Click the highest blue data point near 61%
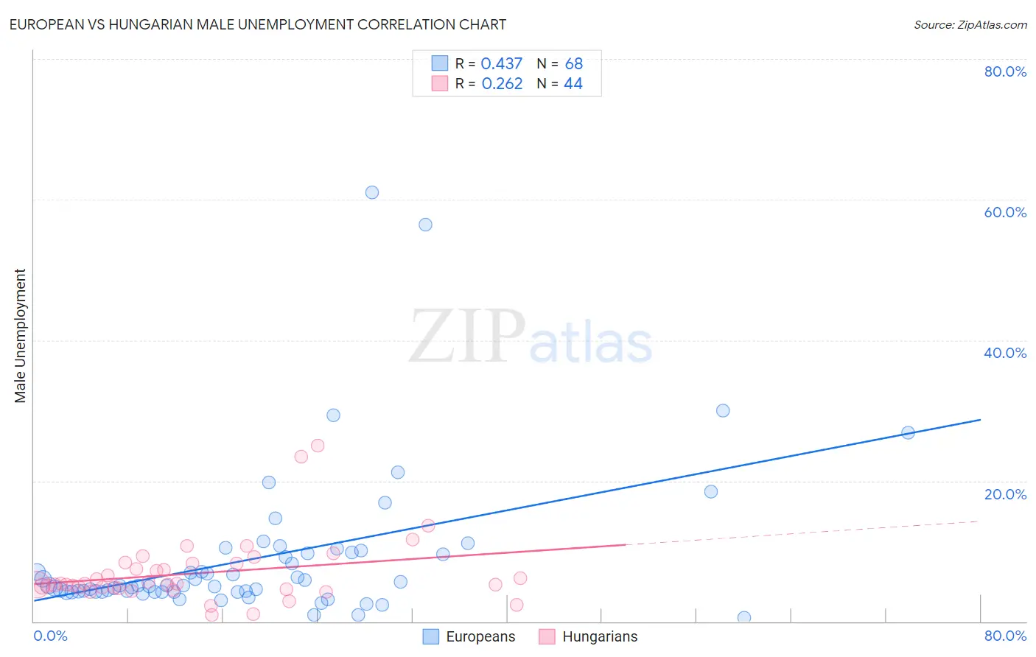[372, 192]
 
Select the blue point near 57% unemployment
[425, 225]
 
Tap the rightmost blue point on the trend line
[908, 432]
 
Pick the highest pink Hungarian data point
[318, 446]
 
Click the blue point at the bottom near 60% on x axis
[744, 617]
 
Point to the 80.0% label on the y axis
[1005, 71]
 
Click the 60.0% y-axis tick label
[1005, 212]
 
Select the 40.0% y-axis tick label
[1005, 353]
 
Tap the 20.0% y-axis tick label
[1005, 494]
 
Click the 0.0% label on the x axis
[50, 636]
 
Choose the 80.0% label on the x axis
[1005, 636]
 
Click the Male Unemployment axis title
[20, 336]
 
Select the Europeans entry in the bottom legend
[480, 637]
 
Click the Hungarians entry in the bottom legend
[599, 637]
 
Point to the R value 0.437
[501, 64]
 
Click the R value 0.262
[502, 84]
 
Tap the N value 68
[574, 64]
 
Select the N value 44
[573, 84]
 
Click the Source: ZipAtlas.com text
[970, 25]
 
